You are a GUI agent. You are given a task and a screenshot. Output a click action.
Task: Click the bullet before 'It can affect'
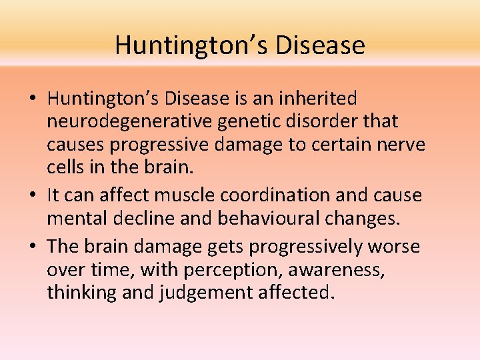33,195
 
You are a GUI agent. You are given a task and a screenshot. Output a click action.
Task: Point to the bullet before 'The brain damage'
33,247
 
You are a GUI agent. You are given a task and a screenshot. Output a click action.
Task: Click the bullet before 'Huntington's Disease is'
33,99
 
